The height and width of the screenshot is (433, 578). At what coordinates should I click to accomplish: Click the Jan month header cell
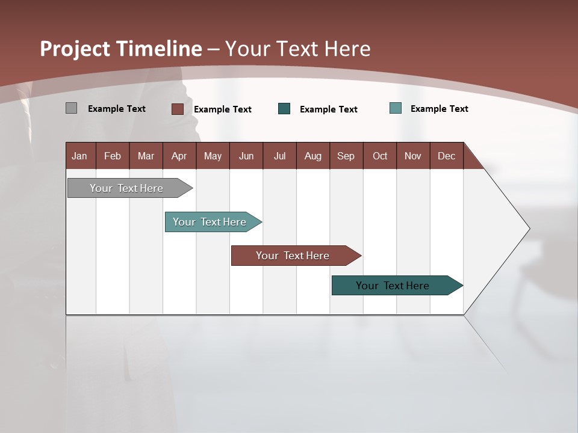click(x=80, y=156)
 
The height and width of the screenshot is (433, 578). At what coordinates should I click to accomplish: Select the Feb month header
click(x=113, y=156)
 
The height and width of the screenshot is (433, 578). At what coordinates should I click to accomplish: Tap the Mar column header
click(x=146, y=156)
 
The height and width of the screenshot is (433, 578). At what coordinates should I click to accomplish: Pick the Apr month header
click(x=179, y=156)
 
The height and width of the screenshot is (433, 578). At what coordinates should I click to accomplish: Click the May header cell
click(x=213, y=156)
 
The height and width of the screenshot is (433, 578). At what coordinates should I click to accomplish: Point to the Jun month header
click(x=246, y=156)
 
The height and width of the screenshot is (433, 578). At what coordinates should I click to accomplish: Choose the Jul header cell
click(x=279, y=156)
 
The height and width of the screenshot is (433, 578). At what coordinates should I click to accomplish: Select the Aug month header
click(x=313, y=156)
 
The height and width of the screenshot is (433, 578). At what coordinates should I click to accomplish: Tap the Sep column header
click(x=346, y=156)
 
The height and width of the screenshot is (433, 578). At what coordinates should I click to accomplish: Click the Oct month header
click(x=380, y=156)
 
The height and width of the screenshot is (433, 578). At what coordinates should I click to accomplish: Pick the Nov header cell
click(x=413, y=156)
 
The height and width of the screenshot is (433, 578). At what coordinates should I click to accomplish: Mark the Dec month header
click(x=447, y=156)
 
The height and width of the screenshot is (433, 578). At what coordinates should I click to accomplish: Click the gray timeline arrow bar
click(x=127, y=188)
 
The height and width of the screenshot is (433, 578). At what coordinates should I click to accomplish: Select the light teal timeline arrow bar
click(x=210, y=222)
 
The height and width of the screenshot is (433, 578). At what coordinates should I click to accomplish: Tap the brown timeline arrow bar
click(x=293, y=256)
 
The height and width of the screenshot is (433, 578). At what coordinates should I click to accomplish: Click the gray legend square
click(x=71, y=108)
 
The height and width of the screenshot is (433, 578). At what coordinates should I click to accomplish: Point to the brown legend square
click(x=178, y=109)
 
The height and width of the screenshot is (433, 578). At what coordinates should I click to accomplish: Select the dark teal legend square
click(x=284, y=109)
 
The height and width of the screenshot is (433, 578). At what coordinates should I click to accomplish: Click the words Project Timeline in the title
click(x=121, y=49)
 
